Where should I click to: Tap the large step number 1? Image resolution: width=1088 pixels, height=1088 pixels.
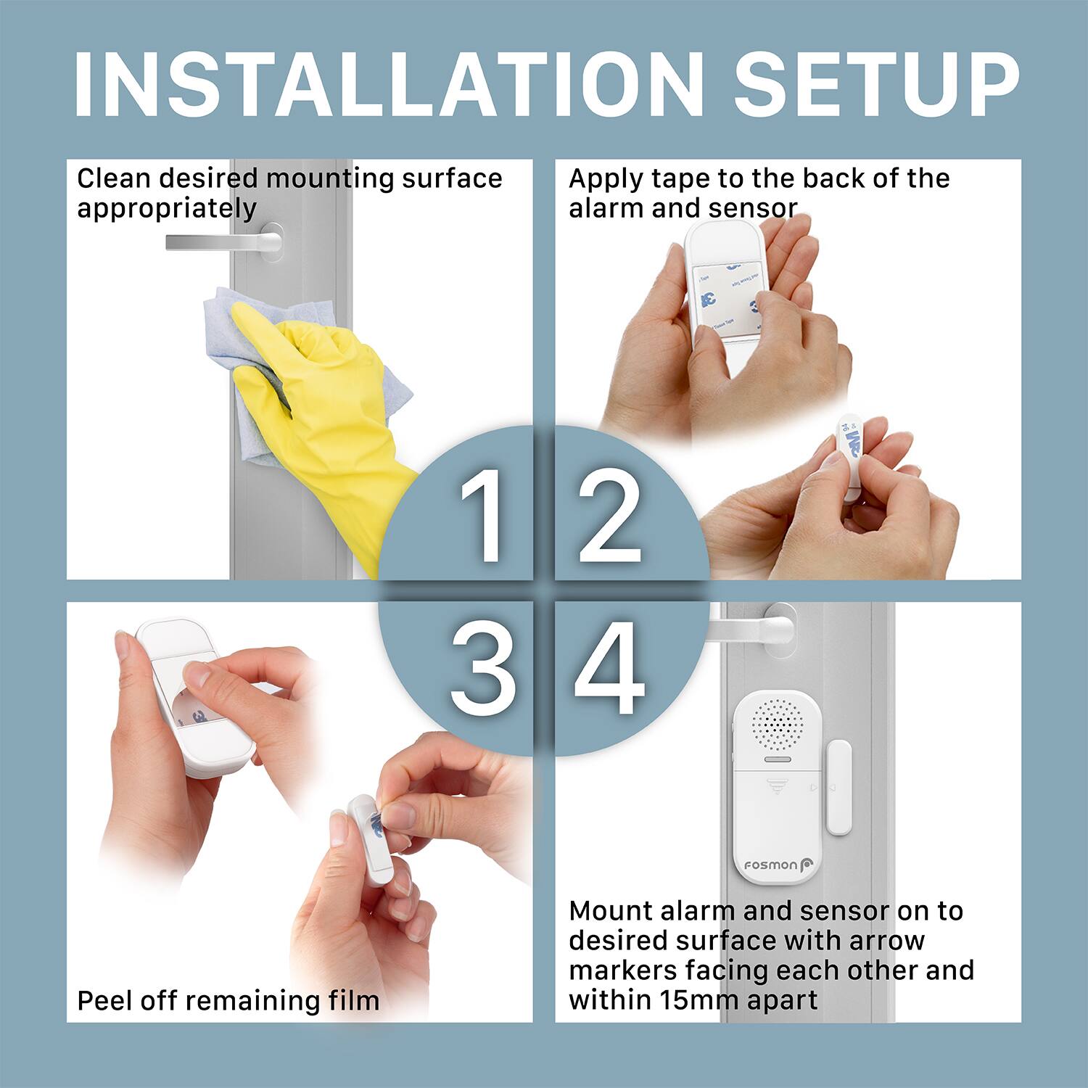pyautogui.click(x=482, y=515)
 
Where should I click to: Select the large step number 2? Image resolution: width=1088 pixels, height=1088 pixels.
pyautogui.click(x=609, y=515)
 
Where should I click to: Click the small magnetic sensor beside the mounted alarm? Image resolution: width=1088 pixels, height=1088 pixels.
pyautogui.click(x=838, y=788)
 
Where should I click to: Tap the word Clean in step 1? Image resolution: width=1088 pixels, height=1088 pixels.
pyautogui.click(x=114, y=178)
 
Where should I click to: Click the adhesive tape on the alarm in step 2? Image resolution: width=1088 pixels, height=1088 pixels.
pyautogui.click(x=725, y=297)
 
